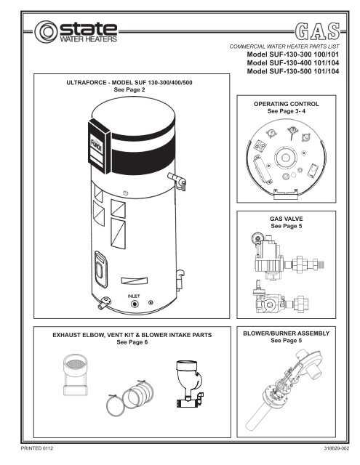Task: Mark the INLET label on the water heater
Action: pyautogui.click(x=134, y=296)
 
